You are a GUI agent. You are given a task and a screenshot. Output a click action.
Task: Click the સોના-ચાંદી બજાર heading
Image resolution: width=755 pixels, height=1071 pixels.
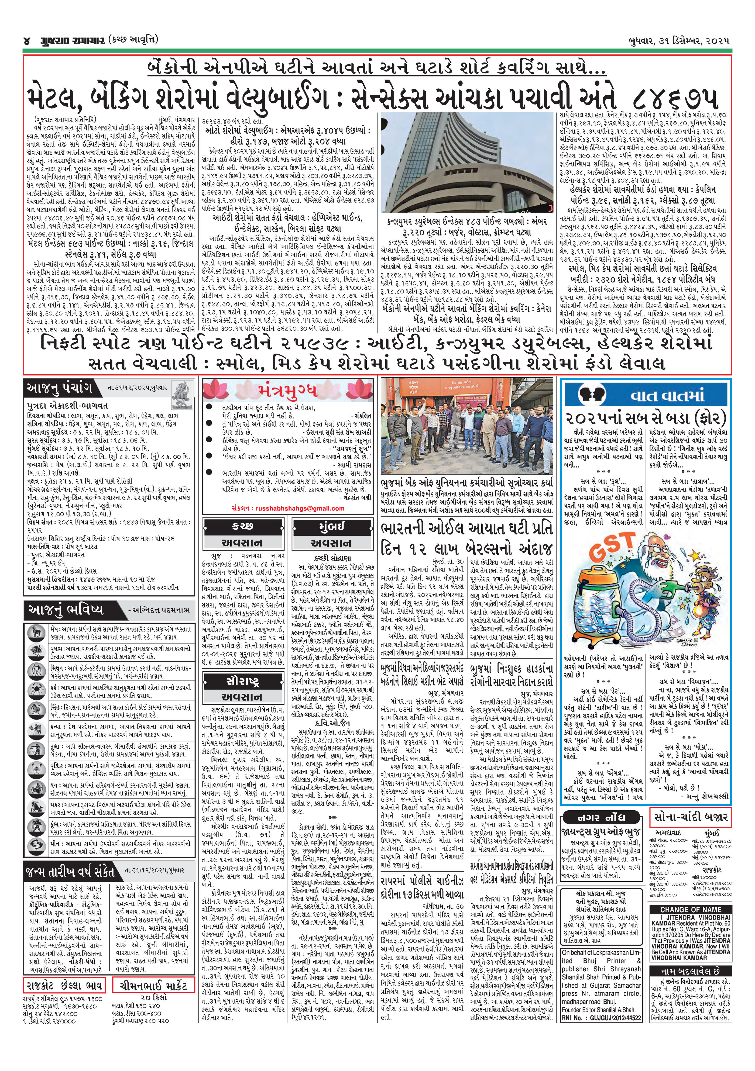[x=690, y=817]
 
